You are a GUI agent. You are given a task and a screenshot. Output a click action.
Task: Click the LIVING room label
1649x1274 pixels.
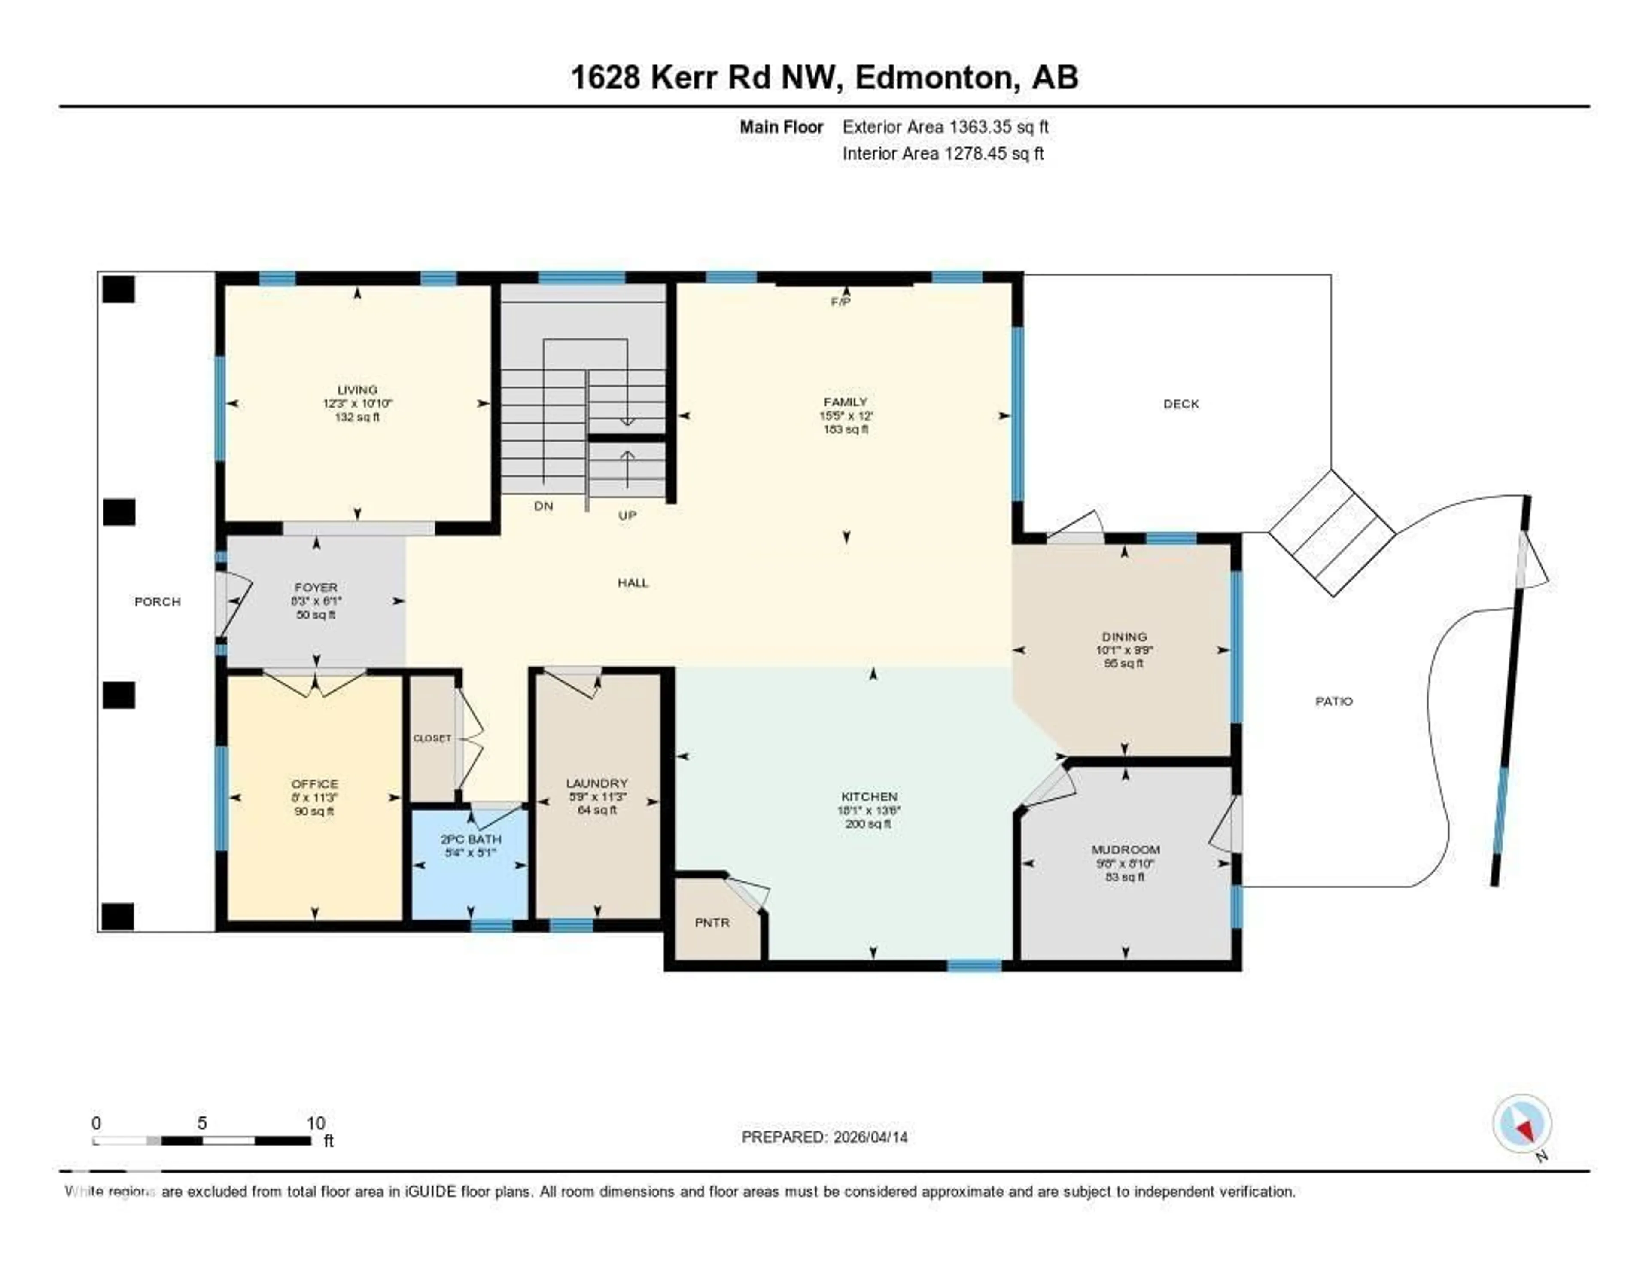pyautogui.click(x=357, y=390)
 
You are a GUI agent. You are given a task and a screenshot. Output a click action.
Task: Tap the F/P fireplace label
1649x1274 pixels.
pyautogui.click(x=840, y=302)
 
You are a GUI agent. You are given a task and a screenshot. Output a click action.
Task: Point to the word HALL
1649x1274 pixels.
pyautogui.click(x=633, y=582)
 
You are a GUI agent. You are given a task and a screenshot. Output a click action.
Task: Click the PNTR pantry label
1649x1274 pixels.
pyautogui.click(x=712, y=922)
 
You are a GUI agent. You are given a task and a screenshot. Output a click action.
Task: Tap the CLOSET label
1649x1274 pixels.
pyautogui.click(x=432, y=738)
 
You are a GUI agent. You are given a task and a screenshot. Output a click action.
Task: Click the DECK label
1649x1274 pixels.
pyautogui.click(x=1181, y=404)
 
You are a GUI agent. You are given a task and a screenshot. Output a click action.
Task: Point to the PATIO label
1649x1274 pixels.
pyautogui.click(x=1334, y=701)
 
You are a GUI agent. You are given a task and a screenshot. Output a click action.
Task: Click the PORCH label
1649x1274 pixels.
pyautogui.click(x=157, y=601)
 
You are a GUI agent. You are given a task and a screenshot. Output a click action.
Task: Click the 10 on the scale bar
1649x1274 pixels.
pyautogui.click(x=316, y=1123)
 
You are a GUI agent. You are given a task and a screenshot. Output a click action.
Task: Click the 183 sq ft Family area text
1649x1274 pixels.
pyautogui.click(x=846, y=429)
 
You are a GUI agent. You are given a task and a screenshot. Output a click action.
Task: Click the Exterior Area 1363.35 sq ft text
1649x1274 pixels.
pyautogui.click(x=945, y=127)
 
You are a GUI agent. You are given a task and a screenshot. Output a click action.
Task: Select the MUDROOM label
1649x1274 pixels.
pyautogui.click(x=1125, y=850)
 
